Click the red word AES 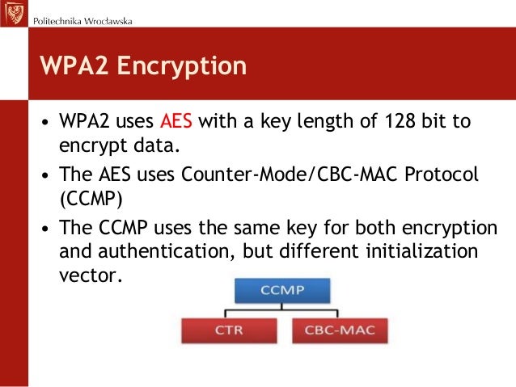176,124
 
